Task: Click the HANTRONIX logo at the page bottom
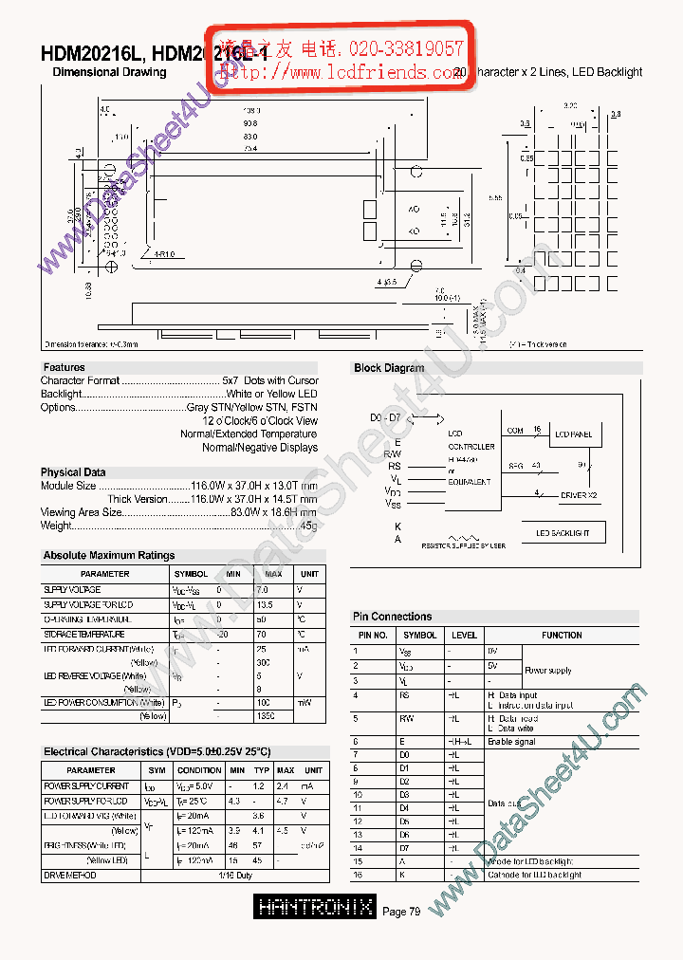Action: pyautogui.click(x=316, y=908)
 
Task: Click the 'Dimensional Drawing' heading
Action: pyautogui.click(x=109, y=72)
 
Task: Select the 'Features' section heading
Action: pyautogui.click(x=64, y=367)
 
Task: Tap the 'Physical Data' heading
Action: pyautogui.click(x=73, y=472)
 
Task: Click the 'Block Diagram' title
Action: pyautogui.click(x=389, y=368)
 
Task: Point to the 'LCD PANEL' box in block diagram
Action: pyautogui.click(x=573, y=434)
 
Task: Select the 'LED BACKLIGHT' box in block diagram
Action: pyautogui.click(x=563, y=534)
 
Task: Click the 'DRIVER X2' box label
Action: pyautogui.click(x=580, y=495)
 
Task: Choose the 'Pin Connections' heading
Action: pyautogui.click(x=392, y=617)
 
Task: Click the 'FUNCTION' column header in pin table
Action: pyautogui.click(x=562, y=636)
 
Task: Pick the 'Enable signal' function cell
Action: pyautogui.click(x=512, y=742)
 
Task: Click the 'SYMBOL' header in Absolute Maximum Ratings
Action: pyautogui.click(x=191, y=574)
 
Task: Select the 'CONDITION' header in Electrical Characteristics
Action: pyautogui.click(x=199, y=770)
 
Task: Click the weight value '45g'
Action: pyautogui.click(x=308, y=526)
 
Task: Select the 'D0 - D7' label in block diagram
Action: pyautogui.click(x=385, y=418)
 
